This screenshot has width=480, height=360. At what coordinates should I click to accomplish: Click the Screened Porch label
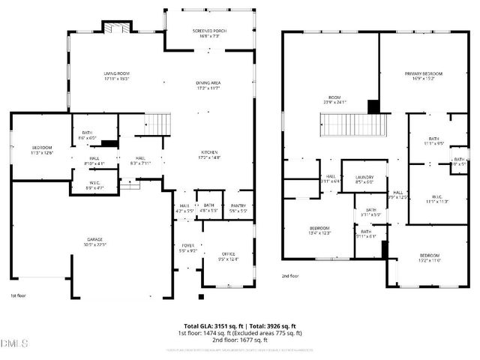(209, 33)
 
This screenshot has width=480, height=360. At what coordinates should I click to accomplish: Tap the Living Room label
(118, 76)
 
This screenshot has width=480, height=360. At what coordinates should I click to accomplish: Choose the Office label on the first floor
(228, 256)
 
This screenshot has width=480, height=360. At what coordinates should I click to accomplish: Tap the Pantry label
(238, 208)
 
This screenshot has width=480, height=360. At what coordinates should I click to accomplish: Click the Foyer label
(187, 248)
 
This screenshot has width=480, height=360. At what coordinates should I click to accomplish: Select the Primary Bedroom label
(424, 76)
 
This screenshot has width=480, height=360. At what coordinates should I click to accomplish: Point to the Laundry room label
(364, 178)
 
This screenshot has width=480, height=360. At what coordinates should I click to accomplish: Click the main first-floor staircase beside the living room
(155, 122)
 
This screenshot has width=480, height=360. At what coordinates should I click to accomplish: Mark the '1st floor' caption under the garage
(18, 295)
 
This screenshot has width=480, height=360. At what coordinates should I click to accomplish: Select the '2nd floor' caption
(289, 276)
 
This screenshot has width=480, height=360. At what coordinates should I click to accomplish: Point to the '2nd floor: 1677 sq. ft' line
(240, 340)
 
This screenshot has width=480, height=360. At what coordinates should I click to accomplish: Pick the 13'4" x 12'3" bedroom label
(320, 230)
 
